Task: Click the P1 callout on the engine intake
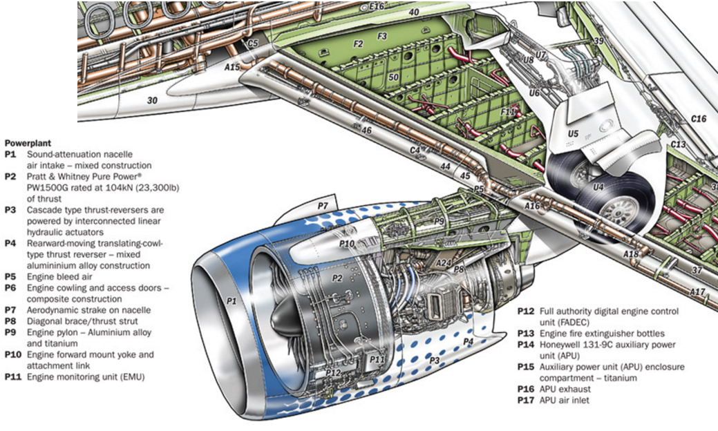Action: [x=231, y=301]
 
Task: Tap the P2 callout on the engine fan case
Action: [x=337, y=278]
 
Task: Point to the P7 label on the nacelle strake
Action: [x=322, y=206]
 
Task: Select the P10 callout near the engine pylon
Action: [x=348, y=243]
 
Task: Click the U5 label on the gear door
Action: [x=573, y=133]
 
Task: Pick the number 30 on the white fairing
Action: [x=152, y=100]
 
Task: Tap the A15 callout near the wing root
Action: [x=232, y=67]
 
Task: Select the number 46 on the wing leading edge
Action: [x=366, y=130]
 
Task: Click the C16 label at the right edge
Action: [x=699, y=119]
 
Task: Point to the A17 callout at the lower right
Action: [x=697, y=291]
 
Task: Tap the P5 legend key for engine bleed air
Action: [x=10, y=277]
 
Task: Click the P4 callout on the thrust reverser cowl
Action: [x=468, y=341]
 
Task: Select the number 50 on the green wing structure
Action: [x=393, y=77]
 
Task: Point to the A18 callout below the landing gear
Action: [x=630, y=254]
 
